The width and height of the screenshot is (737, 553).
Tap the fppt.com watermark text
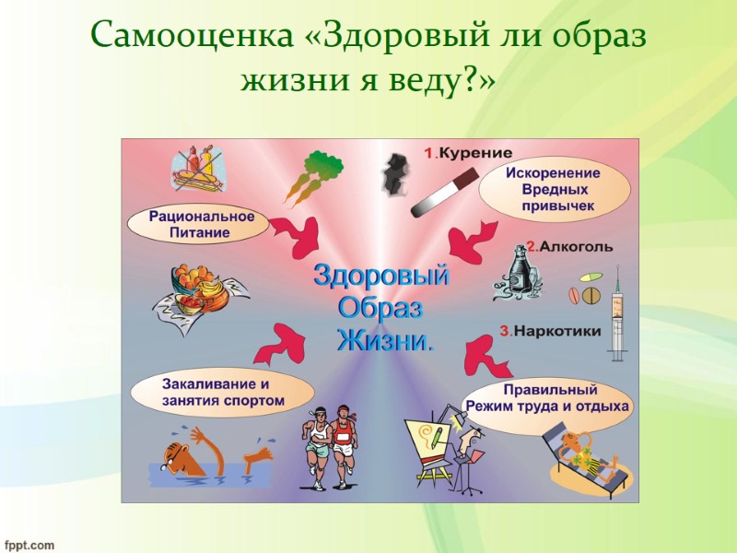[29, 544]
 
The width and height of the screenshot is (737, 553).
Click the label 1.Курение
[468, 153]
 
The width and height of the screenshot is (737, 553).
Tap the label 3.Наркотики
[551, 330]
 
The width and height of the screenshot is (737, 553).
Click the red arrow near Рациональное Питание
[297, 237]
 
